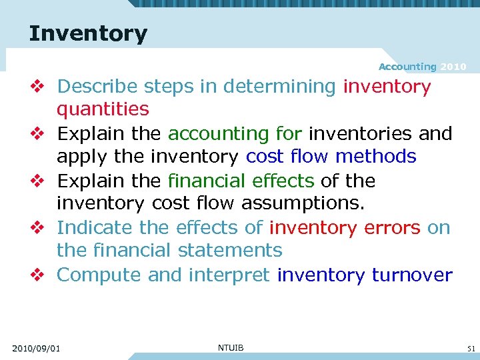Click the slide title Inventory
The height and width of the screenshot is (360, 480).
[88, 33]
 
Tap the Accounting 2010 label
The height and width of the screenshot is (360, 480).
[422, 67]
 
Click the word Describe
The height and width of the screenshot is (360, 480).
[97, 87]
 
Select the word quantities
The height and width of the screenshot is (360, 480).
[103, 109]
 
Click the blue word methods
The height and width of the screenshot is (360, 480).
[376, 157]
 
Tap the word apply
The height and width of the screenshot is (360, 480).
[79, 157]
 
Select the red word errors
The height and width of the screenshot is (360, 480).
[392, 227]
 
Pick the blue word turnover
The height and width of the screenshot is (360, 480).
[412, 275]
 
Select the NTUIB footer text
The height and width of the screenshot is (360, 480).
[231, 347]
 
